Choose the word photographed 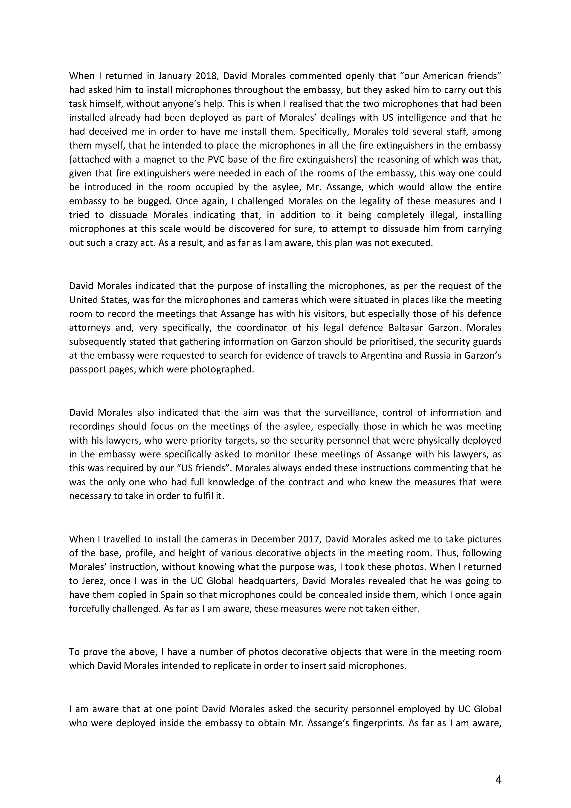pos(222,369)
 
